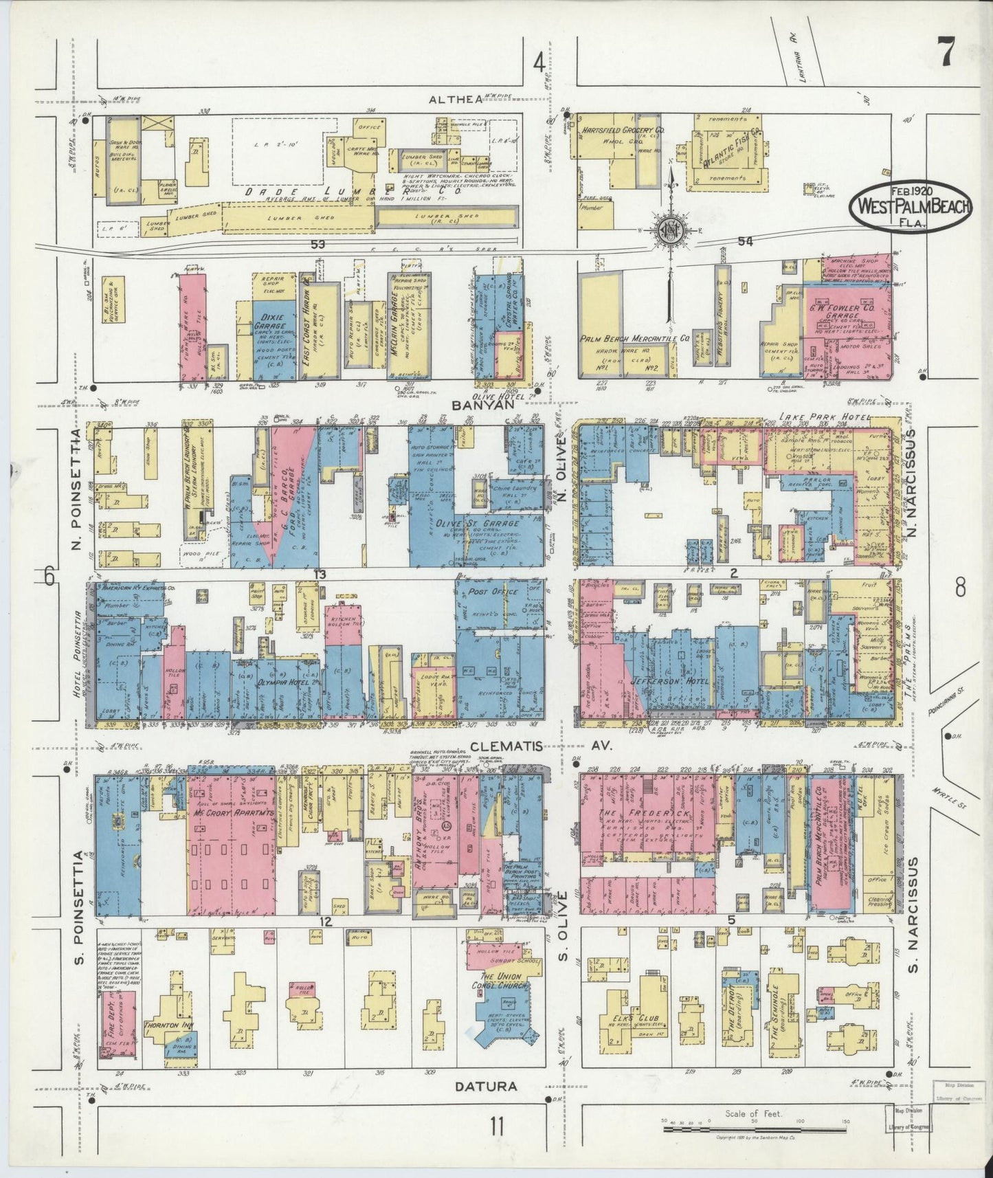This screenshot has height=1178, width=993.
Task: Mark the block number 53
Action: [317, 244]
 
